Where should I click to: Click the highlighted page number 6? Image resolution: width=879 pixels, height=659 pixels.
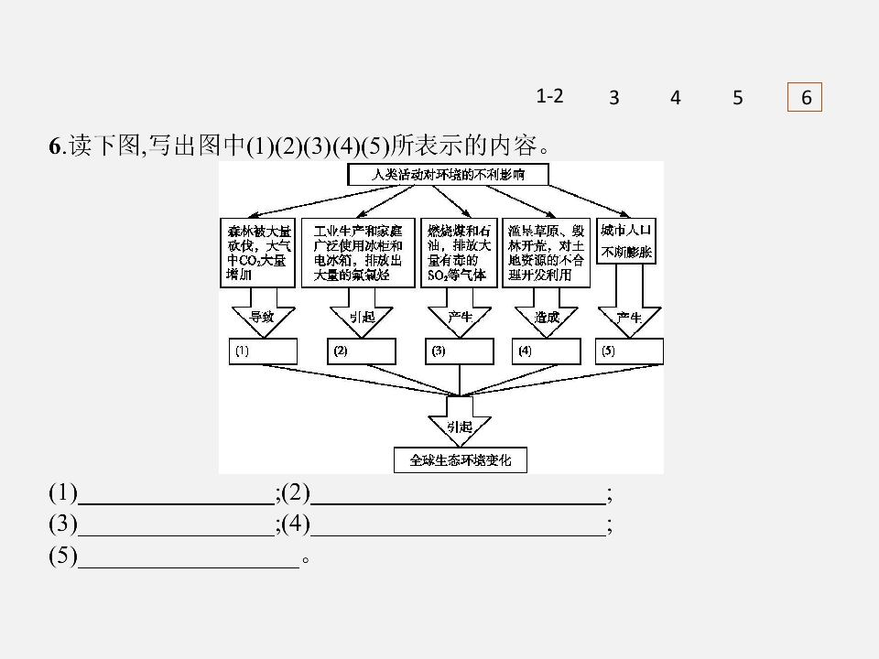pyautogui.click(x=806, y=98)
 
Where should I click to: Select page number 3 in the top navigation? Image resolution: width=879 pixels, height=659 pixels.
pyautogui.click(x=613, y=98)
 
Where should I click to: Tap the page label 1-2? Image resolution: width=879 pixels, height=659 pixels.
pyautogui.click(x=549, y=95)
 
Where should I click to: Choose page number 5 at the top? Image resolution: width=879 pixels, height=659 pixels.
pyautogui.click(x=738, y=98)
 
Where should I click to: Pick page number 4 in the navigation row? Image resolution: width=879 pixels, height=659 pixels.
pyautogui.click(x=676, y=98)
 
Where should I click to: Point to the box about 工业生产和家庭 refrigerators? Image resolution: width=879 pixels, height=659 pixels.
pyautogui.click(x=358, y=253)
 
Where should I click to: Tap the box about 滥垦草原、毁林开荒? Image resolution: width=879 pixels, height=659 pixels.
pyautogui.click(x=544, y=253)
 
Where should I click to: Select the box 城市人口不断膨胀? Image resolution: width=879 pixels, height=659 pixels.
pyautogui.click(x=626, y=241)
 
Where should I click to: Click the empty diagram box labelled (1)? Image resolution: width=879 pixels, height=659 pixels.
pyautogui.click(x=264, y=351)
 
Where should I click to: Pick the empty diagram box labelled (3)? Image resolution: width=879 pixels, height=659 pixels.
pyautogui.click(x=460, y=351)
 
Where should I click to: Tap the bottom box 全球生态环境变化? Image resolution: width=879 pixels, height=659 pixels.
pyautogui.click(x=461, y=460)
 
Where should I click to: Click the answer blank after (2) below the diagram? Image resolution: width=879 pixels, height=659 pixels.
pyautogui.click(x=458, y=495)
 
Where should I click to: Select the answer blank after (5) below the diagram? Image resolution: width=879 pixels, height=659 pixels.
pyautogui.click(x=190, y=556)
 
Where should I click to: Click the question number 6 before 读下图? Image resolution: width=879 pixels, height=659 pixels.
pyautogui.click(x=54, y=146)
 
